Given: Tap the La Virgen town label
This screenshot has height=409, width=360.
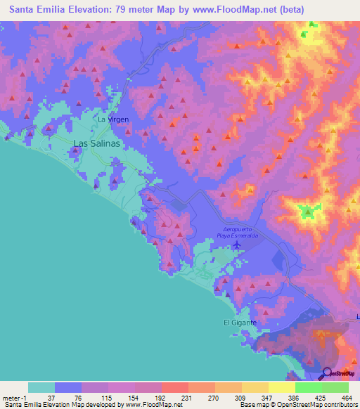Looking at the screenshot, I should [x=112, y=119].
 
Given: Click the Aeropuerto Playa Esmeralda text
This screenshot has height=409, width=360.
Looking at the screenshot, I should [x=241, y=233].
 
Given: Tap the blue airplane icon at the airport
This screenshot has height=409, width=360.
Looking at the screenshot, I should [x=236, y=246].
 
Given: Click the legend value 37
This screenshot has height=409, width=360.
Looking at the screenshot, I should [x=54, y=397].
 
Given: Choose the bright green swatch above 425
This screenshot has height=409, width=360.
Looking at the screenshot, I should [x=308, y=387].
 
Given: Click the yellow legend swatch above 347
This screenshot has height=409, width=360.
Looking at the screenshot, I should [x=255, y=387].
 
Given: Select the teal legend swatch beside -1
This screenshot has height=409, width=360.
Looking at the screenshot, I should [x=41, y=387].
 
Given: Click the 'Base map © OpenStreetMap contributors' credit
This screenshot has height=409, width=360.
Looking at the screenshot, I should [x=297, y=405].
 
